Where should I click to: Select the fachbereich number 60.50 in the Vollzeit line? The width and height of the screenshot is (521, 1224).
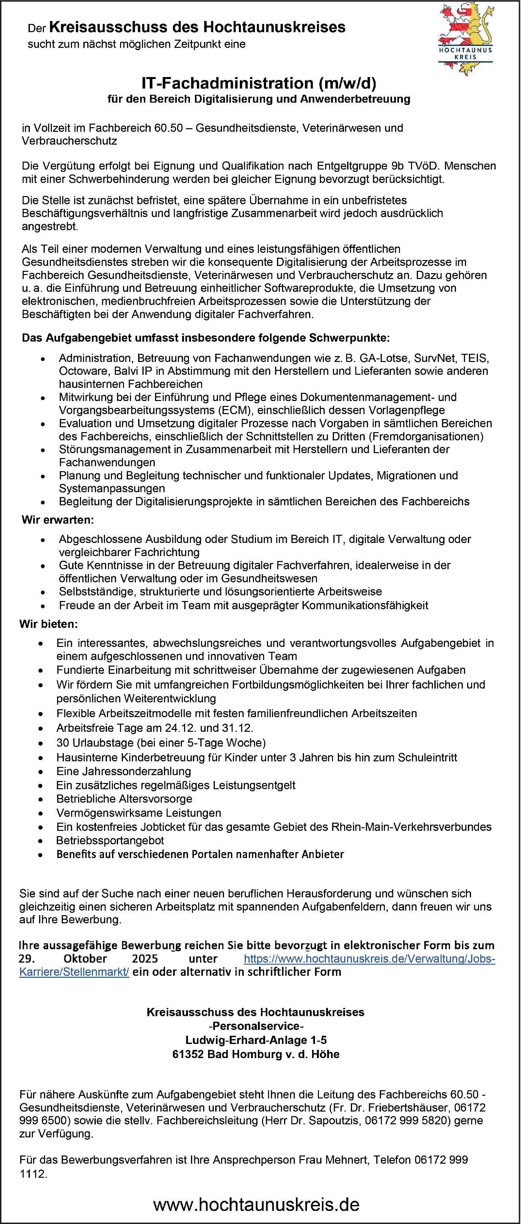(168, 128)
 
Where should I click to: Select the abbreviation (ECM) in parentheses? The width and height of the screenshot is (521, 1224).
(231, 410)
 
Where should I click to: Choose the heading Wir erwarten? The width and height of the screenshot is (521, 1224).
(57, 520)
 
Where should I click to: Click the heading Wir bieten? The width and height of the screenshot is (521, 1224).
(49, 624)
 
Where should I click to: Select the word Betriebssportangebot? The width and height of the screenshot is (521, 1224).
(110, 841)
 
